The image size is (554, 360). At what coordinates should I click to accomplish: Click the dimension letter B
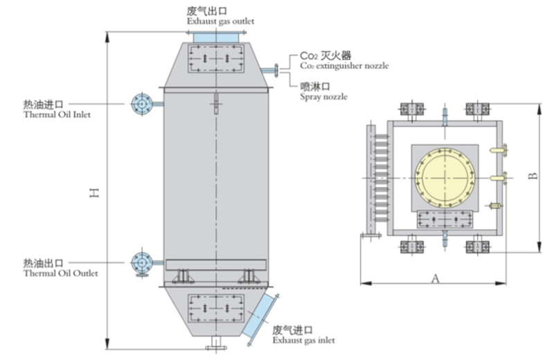tap(533, 176)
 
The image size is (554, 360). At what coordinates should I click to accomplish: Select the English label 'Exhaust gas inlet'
tap(303, 341)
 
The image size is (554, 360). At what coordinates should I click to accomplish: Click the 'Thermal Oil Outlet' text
tap(60, 273)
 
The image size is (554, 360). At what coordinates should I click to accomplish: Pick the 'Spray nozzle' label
tap(323, 97)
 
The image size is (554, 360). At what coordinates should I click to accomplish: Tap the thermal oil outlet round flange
tap(141, 262)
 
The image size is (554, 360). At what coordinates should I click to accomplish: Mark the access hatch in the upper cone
tap(215, 59)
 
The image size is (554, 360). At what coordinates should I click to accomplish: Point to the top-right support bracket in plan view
tap(478, 109)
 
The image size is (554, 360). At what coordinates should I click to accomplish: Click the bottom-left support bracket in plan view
tap(411, 246)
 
